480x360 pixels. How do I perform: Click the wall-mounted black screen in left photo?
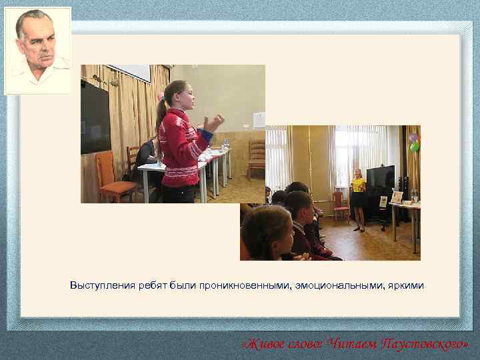tap(94, 117)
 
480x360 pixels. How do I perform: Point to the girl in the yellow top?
tap(358, 198)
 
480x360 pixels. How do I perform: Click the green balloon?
tap(415, 147)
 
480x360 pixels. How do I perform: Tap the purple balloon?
tap(413, 137)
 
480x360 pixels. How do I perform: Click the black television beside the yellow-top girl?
tap(381, 179)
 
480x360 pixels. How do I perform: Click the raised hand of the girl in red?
tap(215, 122)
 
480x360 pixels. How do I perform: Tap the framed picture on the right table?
tap(397, 197)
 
